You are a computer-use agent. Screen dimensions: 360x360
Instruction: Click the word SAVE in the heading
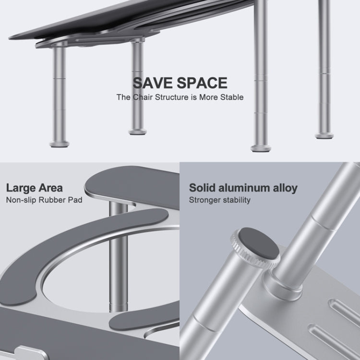pyautogui.click(x=153, y=83)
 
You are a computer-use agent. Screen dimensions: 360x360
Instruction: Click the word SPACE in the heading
pyautogui.click(x=202, y=83)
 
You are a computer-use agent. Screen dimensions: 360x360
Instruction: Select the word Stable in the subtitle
pyautogui.click(x=232, y=97)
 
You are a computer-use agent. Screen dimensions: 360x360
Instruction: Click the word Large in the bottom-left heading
pyautogui.click(x=21, y=188)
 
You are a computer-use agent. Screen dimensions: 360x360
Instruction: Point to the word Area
pyautogui.click(x=50, y=188)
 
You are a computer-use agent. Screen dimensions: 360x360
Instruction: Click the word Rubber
pyautogui.click(x=52, y=200)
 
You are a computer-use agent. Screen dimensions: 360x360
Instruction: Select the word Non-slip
pyautogui.click(x=21, y=200)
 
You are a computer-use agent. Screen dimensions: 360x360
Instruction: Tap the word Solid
pyautogui.click(x=202, y=188)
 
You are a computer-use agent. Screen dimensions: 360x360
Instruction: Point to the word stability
pyautogui.click(x=237, y=200)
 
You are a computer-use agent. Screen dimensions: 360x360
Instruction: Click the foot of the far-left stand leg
pyautogui.click(x=59, y=144)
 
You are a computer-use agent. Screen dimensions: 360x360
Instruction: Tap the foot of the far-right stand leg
pyautogui.click(x=324, y=136)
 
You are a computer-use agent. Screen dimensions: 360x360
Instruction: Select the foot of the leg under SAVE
pyautogui.click(x=138, y=132)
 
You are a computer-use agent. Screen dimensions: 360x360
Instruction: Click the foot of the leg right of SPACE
pyautogui.click(x=261, y=148)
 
